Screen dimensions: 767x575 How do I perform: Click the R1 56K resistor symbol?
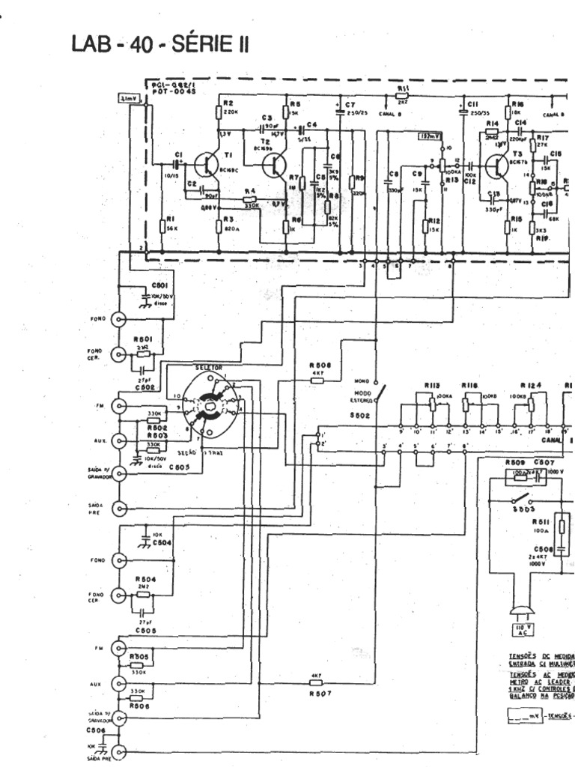click(162, 225)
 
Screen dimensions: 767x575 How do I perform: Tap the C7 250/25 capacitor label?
click(352, 107)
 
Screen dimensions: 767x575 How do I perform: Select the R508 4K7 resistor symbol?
click(317, 380)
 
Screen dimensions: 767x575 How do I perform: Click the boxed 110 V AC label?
click(520, 628)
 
